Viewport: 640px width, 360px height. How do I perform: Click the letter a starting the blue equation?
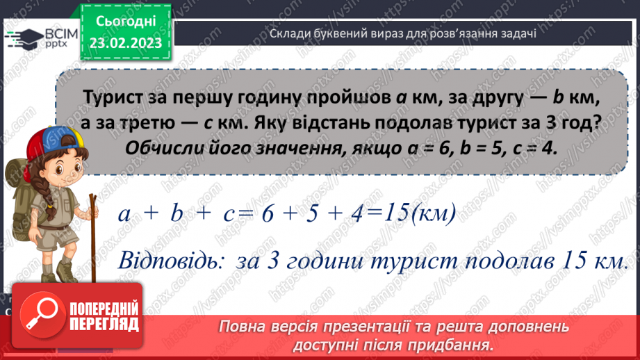point(126,214)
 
